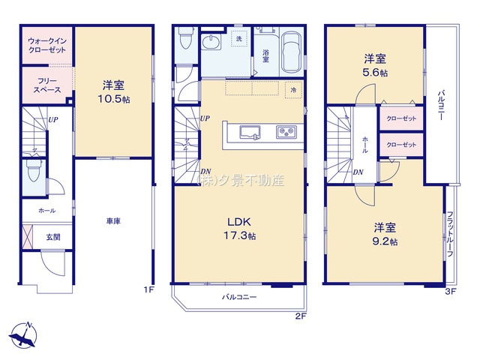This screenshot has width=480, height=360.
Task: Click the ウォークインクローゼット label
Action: (46, 44)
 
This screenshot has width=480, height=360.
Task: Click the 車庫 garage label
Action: (113, 221)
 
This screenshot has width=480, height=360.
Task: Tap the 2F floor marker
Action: (301, 316)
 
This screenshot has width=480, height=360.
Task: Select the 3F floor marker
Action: (450, 290)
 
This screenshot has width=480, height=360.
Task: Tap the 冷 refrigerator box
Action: (293, 88)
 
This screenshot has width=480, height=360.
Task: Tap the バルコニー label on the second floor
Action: (238, 297)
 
